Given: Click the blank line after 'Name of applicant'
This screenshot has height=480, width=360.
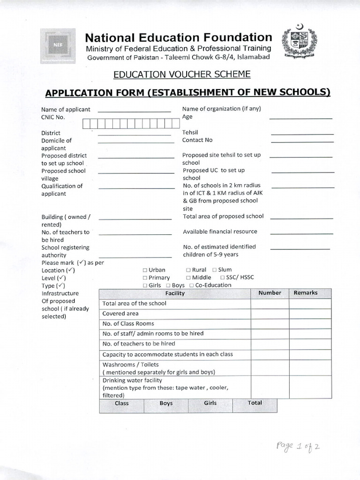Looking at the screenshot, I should (x=134, y=111).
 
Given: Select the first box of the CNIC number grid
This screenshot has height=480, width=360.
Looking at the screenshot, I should (x=87, y=123).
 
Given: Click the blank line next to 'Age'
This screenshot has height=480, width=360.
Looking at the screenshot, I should (x=300, y=118).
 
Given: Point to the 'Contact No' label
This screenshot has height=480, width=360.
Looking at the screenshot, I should (x=197, y=140).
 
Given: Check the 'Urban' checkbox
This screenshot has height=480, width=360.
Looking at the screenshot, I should (x=145, y=270).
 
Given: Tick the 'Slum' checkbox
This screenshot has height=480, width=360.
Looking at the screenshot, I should (x=214, y=270).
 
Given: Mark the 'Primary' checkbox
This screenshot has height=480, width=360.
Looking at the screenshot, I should (x=145, y=278).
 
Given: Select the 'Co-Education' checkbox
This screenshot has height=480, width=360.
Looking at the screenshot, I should (x=192, y=285).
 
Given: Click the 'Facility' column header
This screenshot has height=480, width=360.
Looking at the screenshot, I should (x=175, y=293).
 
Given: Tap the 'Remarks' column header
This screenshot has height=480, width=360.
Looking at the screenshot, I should (x=305, y=293).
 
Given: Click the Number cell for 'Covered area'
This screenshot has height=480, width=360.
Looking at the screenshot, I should (x=270, y=314).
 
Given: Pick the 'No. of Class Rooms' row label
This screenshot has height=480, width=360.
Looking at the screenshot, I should (x=128, y=323).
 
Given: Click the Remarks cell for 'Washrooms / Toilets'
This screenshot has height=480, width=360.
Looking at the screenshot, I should (x=310, y=368).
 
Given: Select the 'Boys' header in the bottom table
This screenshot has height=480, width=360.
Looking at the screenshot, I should (x=166, y=403).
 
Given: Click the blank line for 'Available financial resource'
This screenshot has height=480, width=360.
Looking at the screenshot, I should (x=301, y=232).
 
